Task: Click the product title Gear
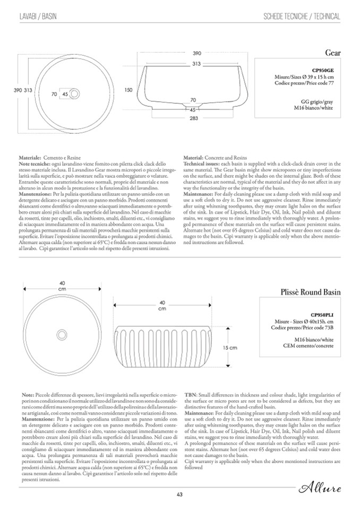[x=332, y=53]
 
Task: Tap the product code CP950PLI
[x=322, y=315]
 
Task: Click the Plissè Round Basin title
[x=310, y=292]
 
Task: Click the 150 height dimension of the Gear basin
[x=128, y=90]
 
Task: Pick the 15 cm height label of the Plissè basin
[x=229, y=348]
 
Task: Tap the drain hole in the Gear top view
[x=74, y=94]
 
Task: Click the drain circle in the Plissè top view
[x=63, y=337]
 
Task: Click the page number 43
[x=179, y=495]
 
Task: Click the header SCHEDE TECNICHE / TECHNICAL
[x=302, y=17]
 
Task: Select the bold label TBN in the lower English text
[x=190, y=396]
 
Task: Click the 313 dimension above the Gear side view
[x=196, y=64]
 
